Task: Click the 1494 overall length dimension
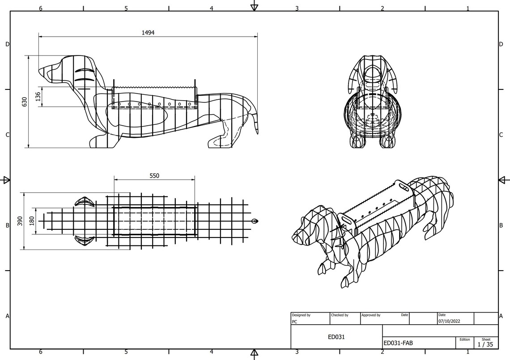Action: click(x=148, y=33)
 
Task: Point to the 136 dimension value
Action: click(x=38, y=97)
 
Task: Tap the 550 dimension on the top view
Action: click(x=154, y=176)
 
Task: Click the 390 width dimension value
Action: click(x=20, y=220)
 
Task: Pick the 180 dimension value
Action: click(x=32, y=220)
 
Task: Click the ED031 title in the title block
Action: click(x=336, y=337)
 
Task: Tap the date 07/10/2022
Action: click(x=449, y=321)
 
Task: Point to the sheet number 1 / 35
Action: click(x=485, y=344)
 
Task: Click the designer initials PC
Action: click(x=294, y=321)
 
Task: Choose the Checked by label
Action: click(x=340, y=315)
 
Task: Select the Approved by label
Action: click(x=371, y=315)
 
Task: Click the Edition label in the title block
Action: click(x=464, y=339)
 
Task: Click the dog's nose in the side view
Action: click(x=41, y=71)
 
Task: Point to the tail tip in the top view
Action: click(x=255, y=221)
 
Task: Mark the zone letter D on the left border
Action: click(x=7, y=44)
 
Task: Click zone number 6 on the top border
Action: click(x=41, y=8)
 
